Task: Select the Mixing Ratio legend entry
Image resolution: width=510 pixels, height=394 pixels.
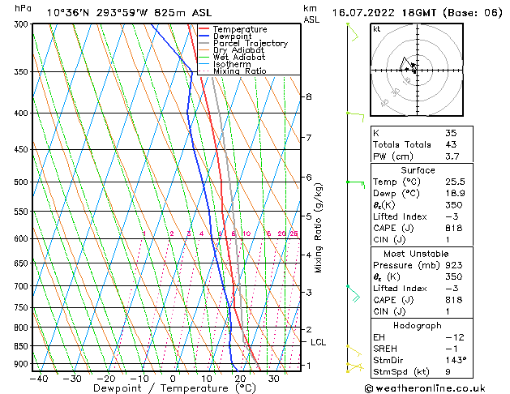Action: pos(239,71)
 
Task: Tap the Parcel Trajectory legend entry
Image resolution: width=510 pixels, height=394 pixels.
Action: pos(250,43)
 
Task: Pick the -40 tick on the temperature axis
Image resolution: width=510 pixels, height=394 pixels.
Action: pos(38,379)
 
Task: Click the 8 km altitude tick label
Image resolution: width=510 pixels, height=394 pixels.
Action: pos(308,96)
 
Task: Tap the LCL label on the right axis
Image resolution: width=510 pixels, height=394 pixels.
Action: pos(319,342)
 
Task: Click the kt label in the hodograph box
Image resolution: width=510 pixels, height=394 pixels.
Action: pos(376,28)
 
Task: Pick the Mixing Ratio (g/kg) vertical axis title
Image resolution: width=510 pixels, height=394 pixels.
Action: pos(319,228)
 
